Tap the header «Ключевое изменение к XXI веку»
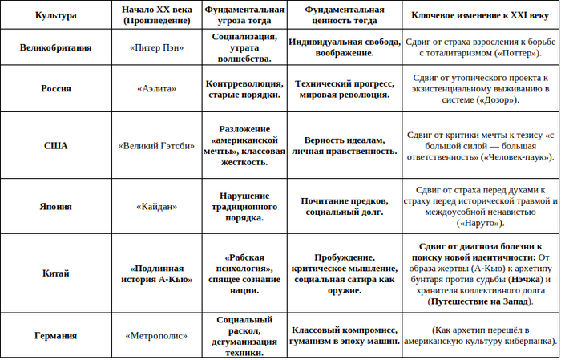pyautogui.click(x=479, y=16)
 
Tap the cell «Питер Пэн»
pyautogui.click(x=156, y=47)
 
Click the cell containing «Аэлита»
pyautogui.click(x=156, y=88)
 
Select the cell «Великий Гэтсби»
pyautogui.click(x=156, y=146)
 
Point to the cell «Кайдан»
pyautogui.click(x=156, y=206)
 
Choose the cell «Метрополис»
pyautogui.click(x=156, y=336)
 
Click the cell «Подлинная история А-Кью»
pyautogui.click(x=156, y=273)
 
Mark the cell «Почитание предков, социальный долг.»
pyautogui.click(x=344, y=206)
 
